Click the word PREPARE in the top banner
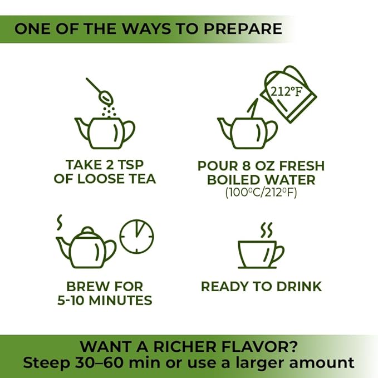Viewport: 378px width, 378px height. click(x=243, y=29)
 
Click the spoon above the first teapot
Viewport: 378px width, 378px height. click(x=99, y=91)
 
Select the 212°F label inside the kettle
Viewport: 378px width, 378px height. click(x=286, y=91)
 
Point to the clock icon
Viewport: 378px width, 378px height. click(x=137, y=237)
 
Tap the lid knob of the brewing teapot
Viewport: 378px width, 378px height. click(x=87, y=230)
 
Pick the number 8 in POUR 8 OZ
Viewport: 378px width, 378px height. click(x=247, y=166)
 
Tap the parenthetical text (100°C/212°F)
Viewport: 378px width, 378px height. click(x=261, y=193)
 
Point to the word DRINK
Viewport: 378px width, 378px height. click(x=299, y=287)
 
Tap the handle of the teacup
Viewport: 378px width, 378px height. click(x=279, y=253)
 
